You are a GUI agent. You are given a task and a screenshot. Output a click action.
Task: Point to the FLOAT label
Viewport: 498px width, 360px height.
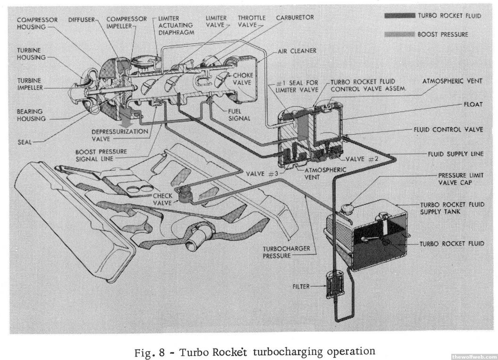click(473, 104)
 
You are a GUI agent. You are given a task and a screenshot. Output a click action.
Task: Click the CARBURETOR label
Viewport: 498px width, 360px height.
click(295, 17)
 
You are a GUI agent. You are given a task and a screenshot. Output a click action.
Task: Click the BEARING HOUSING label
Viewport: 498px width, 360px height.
click(31, 115)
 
